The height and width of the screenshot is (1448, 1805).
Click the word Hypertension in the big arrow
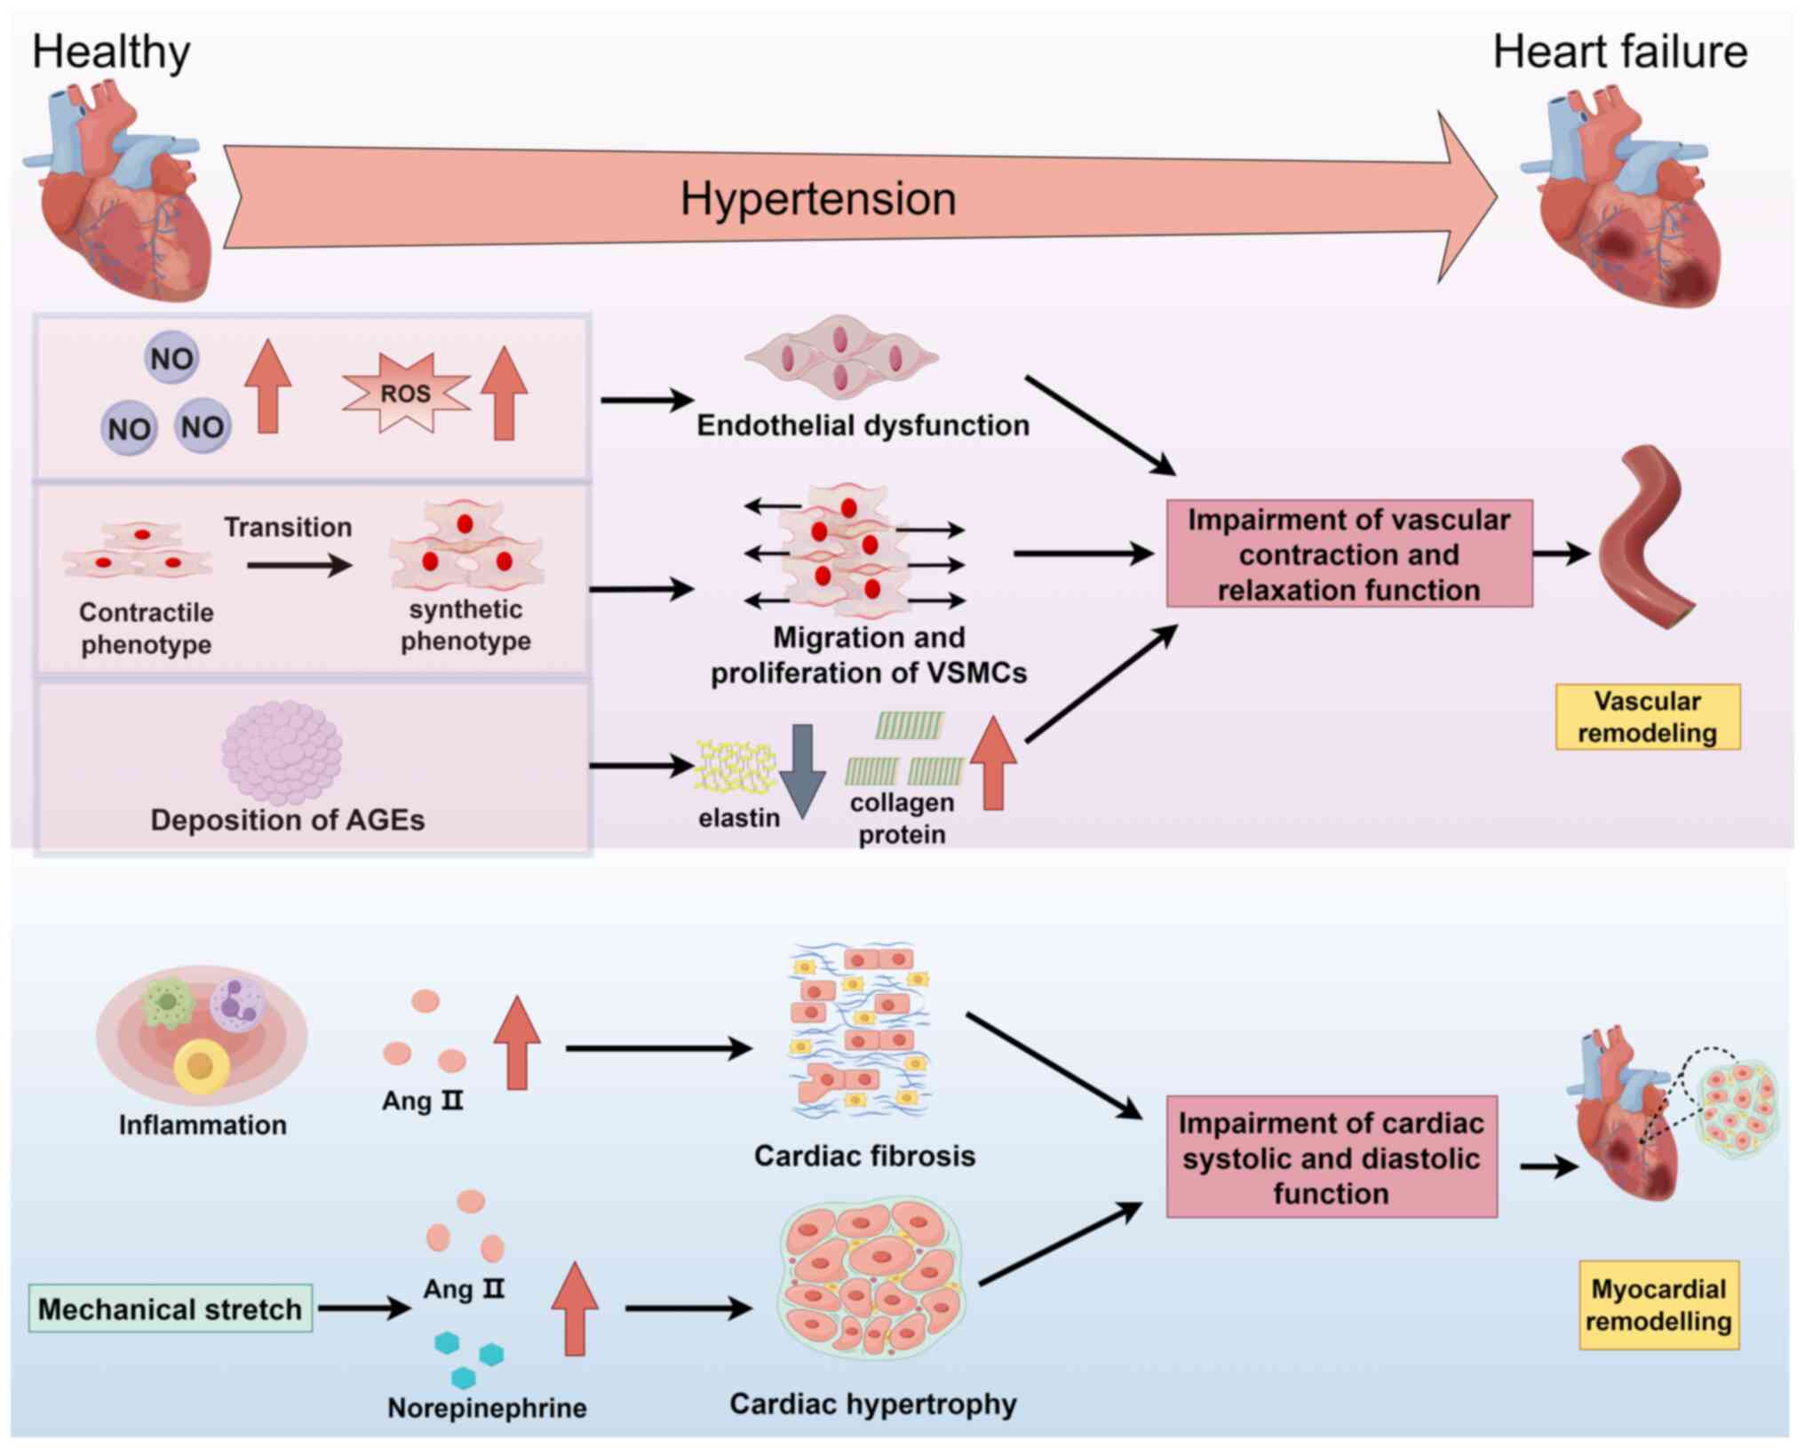coord(818,198)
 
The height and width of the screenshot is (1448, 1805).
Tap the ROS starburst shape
coord(406,393)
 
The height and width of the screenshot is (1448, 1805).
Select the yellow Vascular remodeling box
coord(1648,717)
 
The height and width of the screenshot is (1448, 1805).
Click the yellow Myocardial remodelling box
coord(1658,1305)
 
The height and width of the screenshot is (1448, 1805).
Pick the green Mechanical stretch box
coord(170,1309)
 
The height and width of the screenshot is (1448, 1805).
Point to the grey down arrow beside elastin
coord(803,771)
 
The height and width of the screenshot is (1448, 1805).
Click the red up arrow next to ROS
coord(505,393)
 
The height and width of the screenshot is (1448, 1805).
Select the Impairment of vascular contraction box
coord(1349,553)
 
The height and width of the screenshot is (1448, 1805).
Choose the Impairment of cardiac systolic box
coord(1332,1158)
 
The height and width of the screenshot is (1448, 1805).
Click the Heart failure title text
coord(1620,52)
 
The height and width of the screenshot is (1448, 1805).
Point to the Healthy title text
coord(111,52)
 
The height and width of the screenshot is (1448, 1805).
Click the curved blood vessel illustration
coord(1647,537)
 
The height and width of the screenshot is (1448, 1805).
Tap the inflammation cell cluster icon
coord(202,1036)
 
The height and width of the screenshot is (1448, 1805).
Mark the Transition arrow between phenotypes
coord(299,565)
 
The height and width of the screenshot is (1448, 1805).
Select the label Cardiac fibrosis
coord(864,1156)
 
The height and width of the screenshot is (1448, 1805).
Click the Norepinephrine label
coord(487,1407)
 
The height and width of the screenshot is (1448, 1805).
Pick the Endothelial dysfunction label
coord(863,426)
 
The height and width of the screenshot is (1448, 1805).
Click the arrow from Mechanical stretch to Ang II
coord(365,1308)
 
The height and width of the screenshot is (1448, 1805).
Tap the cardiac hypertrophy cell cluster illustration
coord(871,1278)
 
